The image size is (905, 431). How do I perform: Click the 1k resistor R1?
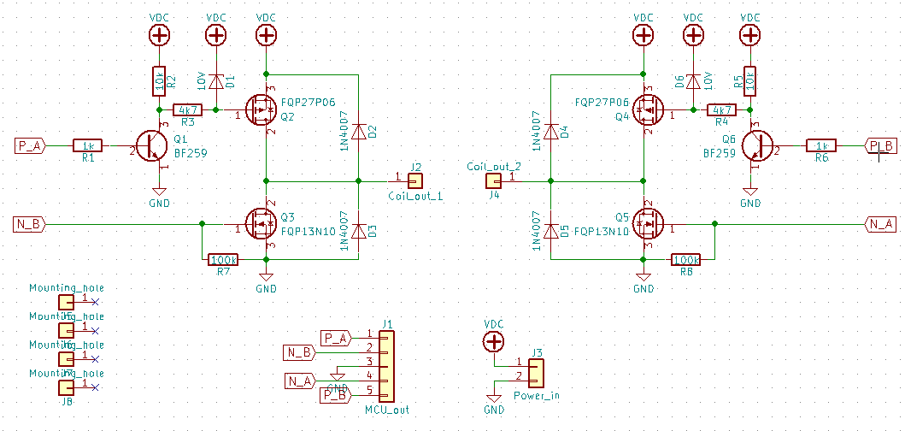[88, 145]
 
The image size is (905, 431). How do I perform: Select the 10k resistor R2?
[158, 81]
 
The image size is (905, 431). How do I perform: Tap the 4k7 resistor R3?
[187, 109]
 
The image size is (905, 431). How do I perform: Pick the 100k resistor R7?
[223, 259]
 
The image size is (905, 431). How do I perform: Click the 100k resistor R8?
[686, 259]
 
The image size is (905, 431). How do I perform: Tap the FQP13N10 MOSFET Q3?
[260, 224]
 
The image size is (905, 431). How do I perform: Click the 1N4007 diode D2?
[359, 132]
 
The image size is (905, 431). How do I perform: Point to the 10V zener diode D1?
[216, 81]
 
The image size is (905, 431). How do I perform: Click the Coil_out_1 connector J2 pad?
[415, 180]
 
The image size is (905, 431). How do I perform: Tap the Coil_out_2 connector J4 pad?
[493, 180]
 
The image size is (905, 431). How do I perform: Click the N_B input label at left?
[29, 224]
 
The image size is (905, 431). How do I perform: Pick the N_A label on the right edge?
[880, 224]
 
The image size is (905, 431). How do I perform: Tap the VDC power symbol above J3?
[493, 342]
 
